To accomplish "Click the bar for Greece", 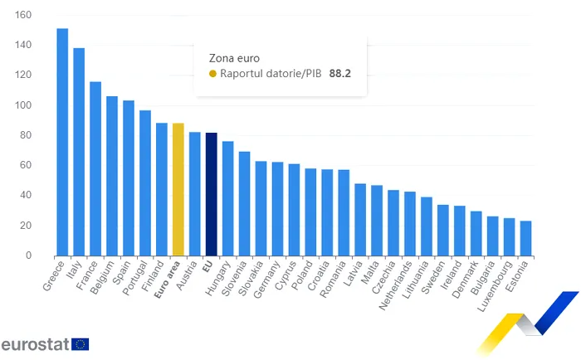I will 62,142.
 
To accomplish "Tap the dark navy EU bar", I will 211,194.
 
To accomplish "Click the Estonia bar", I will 525,238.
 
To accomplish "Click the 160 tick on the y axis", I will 22,15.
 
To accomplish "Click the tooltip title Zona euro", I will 234,58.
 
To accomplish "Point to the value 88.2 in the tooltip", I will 340,74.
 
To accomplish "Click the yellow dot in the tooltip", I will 212,74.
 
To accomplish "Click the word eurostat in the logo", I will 35,344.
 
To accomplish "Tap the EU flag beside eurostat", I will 81,344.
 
